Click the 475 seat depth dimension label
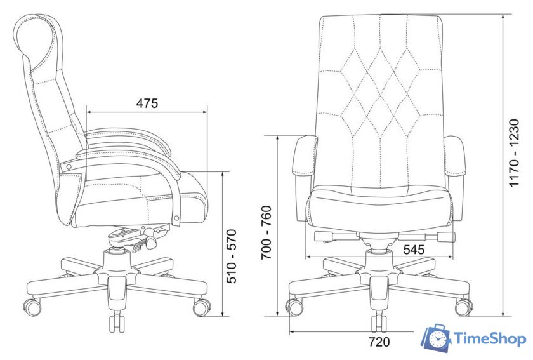coord(147,103)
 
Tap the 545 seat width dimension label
coord(414,250)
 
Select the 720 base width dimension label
coord(379,342)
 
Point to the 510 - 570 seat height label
coord(232,257)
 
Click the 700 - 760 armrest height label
coord(266,232)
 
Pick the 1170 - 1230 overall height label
coord(515,153)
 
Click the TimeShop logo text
coord(490,339)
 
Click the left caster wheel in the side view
coord(32,307)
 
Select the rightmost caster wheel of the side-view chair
coord(202,307)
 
